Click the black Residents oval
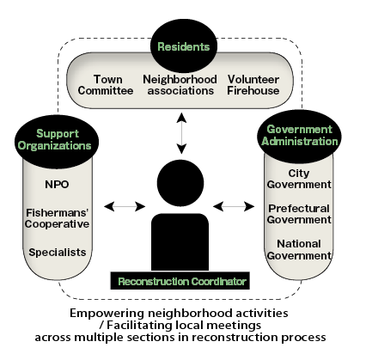(184, 46)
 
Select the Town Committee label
(106, 85)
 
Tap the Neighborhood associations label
(180, 85)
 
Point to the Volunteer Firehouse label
(253, 85)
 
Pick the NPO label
(57, 185)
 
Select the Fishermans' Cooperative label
(57, 218)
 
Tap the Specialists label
(58, 253)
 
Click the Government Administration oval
(299, 136)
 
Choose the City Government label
(299, 179)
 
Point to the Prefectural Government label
(299, 214)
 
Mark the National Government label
(299, 249)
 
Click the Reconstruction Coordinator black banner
(180, 281)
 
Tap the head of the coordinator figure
(180, 183)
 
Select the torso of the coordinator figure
(180, 242)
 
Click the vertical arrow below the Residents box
(181, 133)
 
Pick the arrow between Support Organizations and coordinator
(125, 206)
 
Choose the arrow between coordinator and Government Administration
(234, 206)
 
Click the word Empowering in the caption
(107, 313)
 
